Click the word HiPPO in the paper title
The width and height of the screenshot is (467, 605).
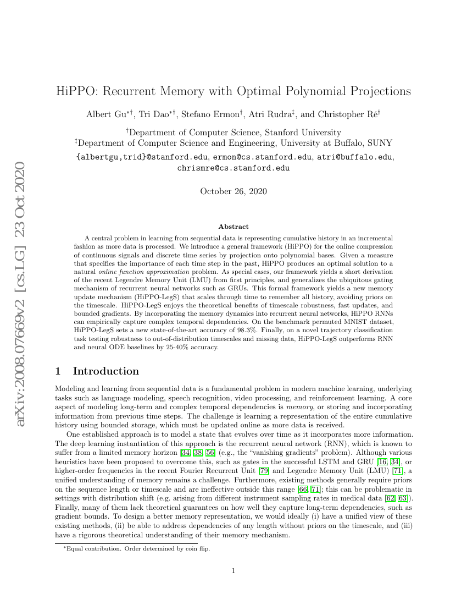coord(75,91)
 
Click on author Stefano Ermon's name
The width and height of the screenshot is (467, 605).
coord(214,114)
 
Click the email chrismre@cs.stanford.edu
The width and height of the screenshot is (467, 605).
coord(233,168)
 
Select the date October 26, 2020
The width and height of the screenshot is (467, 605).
coord(233,191)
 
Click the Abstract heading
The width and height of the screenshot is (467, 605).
coord(233,226)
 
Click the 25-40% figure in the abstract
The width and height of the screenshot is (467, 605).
coord(169,347)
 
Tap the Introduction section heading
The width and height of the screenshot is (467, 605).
coord(105,371)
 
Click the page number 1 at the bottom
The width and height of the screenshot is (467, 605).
coord(233,571)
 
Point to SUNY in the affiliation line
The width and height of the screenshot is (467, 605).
coord(380,142)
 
